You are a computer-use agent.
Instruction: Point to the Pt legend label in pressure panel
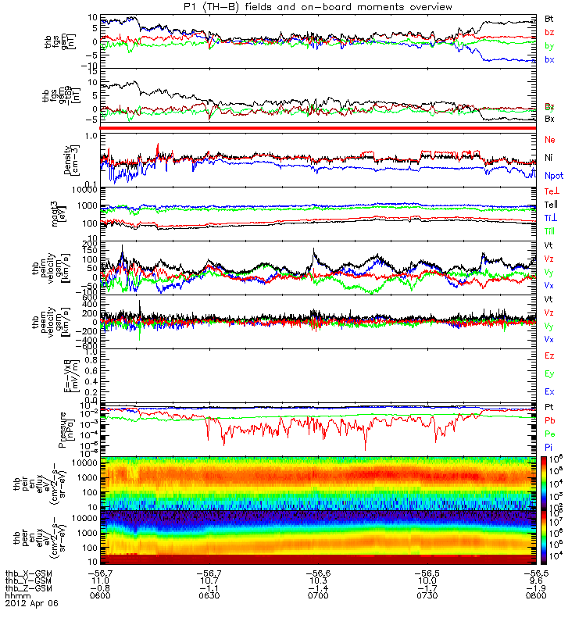(x=549, y=408)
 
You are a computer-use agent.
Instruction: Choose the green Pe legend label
(x=549, y=432)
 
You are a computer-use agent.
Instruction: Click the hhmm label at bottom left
(x=16, y=595)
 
